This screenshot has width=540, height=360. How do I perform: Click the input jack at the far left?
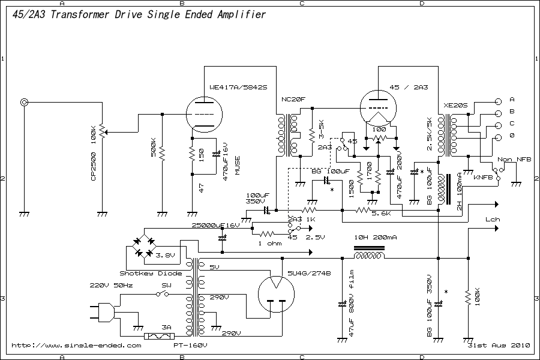(25, 103)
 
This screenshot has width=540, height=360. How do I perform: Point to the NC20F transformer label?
(293, 99)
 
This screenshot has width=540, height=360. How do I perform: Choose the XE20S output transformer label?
(455, 105)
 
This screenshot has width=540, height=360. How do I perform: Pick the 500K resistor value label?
(154, 149)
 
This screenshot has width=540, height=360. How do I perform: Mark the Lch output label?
(493, 220)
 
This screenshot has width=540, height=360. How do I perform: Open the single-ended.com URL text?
(76, 346)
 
